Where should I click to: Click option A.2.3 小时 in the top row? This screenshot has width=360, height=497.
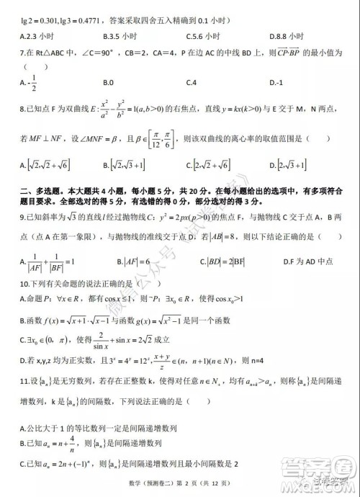[37, 35]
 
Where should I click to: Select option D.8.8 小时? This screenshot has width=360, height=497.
[285, 35]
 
